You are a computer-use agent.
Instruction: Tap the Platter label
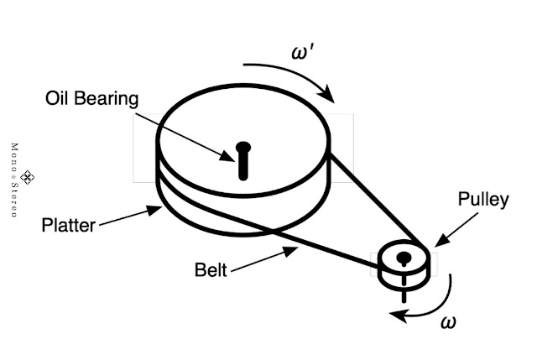[69, 225]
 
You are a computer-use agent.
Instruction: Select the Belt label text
[210, 270]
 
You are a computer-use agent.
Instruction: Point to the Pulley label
[482, 200]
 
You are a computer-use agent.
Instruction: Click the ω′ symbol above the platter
[303, 52]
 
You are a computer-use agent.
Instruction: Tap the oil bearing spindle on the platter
[243, 159]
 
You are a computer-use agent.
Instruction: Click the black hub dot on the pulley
[404, 256]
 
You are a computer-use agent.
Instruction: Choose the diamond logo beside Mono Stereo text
[27, 176]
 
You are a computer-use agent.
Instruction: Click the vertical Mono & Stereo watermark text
[13, 180]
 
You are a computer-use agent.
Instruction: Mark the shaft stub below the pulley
[404, 294]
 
